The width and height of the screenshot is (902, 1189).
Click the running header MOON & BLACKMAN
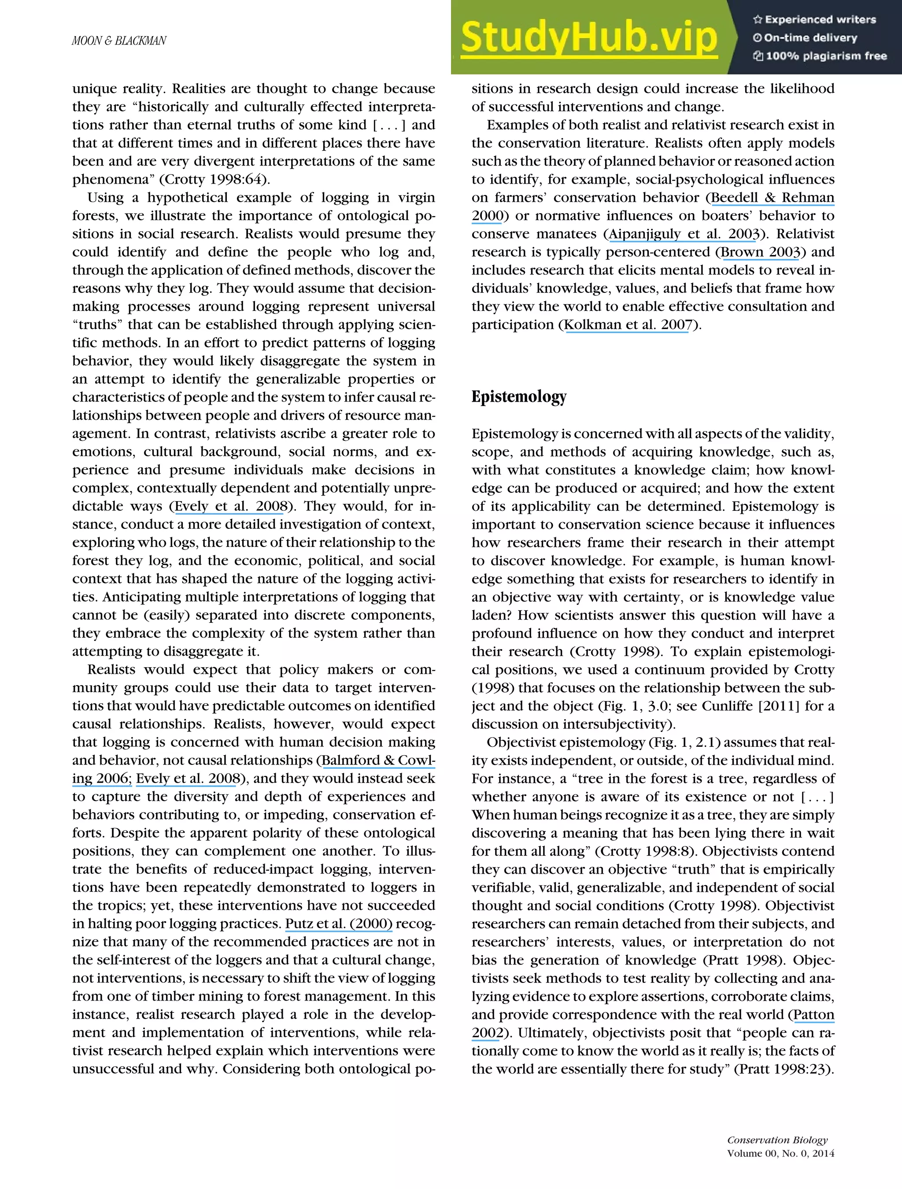pos(119,41)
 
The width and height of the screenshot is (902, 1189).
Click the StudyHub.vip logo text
pos(588,37)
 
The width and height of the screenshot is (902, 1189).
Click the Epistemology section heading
pos(519,397)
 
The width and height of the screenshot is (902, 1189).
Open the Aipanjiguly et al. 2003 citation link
pos(684,234)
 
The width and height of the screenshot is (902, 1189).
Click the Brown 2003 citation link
pos(760,252)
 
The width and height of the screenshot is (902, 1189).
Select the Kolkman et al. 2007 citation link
pos(627,325)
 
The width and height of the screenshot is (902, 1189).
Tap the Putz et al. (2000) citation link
pos(339,923)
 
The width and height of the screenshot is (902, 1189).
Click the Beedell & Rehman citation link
pos(773,197)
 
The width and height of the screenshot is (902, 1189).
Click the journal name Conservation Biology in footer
pos(777,1140)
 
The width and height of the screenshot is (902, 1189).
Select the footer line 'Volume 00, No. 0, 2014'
pos(780,1153)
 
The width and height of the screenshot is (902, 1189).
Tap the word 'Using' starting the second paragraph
pos(105,197)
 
